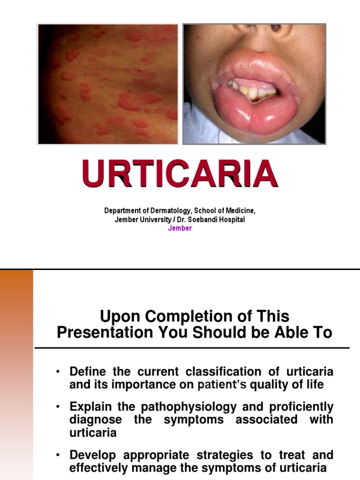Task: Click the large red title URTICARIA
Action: coord(180,174)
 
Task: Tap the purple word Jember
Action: coord(180,228)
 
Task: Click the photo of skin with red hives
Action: coord(108,84)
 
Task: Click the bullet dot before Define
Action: coord(57,372)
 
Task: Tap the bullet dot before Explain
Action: coord(57,407)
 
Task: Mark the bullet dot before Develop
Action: coord(57,455)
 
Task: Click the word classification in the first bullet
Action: coord(224,372)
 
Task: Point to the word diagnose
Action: coord(96,419)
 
